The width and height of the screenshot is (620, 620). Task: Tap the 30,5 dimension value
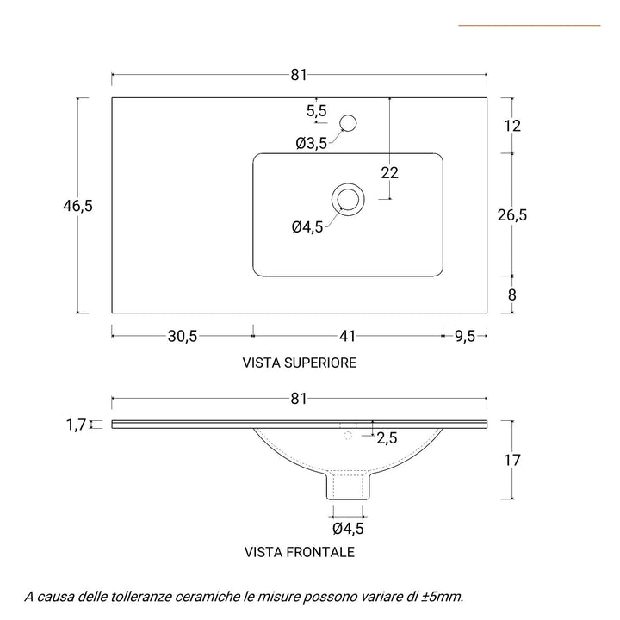183,337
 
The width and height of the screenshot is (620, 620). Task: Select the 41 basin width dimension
348,337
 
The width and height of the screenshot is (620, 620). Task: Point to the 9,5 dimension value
465,337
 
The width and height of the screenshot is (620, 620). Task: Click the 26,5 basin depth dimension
512,214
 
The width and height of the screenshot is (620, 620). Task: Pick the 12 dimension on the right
512,126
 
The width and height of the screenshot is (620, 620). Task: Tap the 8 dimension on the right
512,294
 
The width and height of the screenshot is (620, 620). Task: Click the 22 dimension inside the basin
389,172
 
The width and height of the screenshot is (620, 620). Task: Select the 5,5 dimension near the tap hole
316,110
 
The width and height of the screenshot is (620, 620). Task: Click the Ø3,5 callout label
311,144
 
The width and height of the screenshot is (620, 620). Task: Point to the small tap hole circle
349,123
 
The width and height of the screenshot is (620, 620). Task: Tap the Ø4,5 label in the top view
307,227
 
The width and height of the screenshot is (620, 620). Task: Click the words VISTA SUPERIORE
300,363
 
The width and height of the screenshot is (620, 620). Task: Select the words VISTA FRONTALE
300,552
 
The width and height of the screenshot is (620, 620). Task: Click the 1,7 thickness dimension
76,424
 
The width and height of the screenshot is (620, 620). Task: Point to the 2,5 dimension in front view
387,438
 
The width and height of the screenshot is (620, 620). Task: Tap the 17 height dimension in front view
512,460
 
